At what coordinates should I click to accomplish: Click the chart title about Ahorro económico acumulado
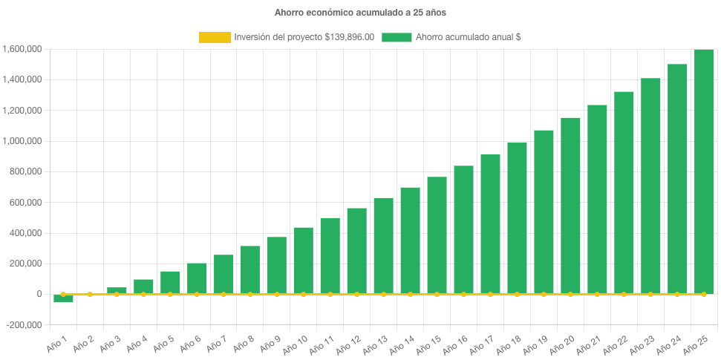click(x=360, y=13)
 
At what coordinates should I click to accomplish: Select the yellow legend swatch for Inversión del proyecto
click(x=215, y=37)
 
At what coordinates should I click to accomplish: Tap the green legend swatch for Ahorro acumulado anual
click(x=397, y=37)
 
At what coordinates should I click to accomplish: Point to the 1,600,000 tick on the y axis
click(x=22, y=50)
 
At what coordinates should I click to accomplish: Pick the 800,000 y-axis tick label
click(x=26, y=172)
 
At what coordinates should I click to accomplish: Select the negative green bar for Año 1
click(x=63, y=298)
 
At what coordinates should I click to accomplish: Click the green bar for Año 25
click(x=703, y=171)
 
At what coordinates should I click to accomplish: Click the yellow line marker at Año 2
click(x=90, y=295)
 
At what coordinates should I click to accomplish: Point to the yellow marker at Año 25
click(x=703, y=295)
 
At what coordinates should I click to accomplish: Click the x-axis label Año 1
click(x=58, y=343)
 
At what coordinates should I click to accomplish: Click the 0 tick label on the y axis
click(x=38, y=295)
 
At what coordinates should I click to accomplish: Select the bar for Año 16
click(x=463, y=229)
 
